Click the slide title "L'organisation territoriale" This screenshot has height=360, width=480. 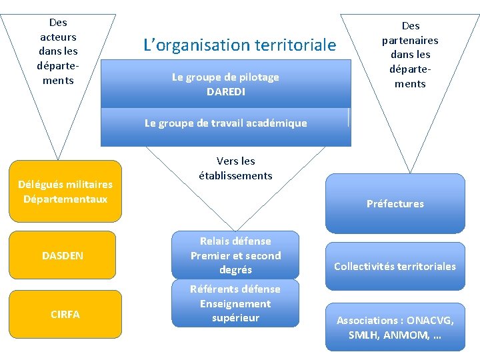(x=240, y=45)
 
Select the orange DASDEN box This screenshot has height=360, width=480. (x=63, y=255)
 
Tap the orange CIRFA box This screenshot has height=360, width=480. (x=65, y=314)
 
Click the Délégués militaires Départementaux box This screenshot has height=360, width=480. (x=65, y=191)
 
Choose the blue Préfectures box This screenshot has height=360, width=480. (x=395, y=204)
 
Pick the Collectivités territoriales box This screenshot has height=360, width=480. (x=395, y=267)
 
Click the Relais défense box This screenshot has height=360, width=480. (x=235, y=255)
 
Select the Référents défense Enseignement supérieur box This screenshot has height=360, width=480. (x=235, y=303)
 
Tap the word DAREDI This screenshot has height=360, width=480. (x=225, y=91)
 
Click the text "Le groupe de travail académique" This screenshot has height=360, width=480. (x=225, y=123)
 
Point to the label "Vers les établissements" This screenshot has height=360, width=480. (x=235, y=169)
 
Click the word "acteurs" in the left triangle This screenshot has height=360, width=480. (x=58, y=37)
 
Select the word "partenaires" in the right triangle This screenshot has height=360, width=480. (x=410, y=40)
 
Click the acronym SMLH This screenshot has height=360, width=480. (x=362, y=335)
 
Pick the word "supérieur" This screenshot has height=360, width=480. (x=235, y=318)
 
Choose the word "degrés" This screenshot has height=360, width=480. (x=235, y=270)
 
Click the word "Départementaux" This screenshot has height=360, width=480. (x=65, y=199)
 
